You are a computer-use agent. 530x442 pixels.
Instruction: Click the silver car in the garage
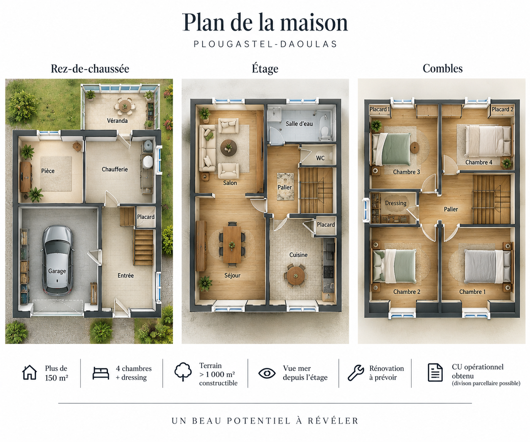click(x=57, y=260)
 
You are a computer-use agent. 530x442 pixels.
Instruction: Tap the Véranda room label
click(x=117, y=121)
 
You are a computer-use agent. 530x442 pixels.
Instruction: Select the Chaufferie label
click(x=115, y=169)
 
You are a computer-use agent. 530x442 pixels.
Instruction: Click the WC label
click(x=320, y=158)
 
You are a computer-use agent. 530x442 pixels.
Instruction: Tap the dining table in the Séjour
click(x=232, y=244)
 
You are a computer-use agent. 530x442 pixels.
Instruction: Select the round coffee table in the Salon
click(x=228, y=147)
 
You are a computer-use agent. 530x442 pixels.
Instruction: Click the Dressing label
click(x=396, y=203)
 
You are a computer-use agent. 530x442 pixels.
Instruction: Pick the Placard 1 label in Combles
click(x=380, y=109)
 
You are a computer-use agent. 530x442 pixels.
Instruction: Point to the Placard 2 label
click(x=502, y=109)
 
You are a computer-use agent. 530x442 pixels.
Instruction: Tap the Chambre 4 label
click(x=479, y=162)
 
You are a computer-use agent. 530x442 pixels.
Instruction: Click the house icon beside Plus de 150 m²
click(x=29, y=373)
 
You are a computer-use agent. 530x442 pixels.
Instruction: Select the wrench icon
click(x=356, y=373)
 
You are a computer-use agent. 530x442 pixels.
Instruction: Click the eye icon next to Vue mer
click(x=267, y=373)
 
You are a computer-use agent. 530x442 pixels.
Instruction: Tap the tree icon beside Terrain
click(x=183, y=372)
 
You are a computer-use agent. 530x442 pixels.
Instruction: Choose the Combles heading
click(x=442, y=68)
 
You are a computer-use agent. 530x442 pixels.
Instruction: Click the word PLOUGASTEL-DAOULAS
click(x=265, y=44)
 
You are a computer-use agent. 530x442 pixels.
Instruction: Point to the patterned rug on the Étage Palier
click(x=285, y=187)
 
